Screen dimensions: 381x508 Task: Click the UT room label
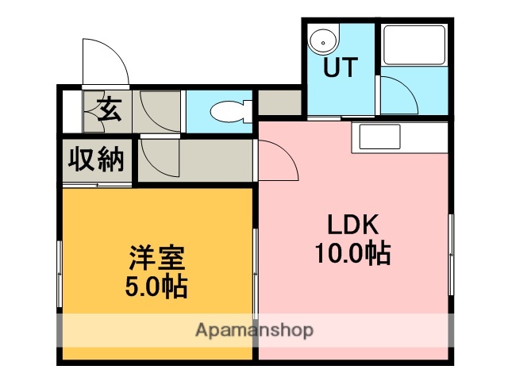pos(341,68)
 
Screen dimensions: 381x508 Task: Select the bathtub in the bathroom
pos(413,46)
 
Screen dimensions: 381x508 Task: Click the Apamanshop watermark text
pos(254,329)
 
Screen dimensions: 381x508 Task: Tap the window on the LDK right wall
pos(450,247)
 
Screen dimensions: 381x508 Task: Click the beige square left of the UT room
pos(280,102)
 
